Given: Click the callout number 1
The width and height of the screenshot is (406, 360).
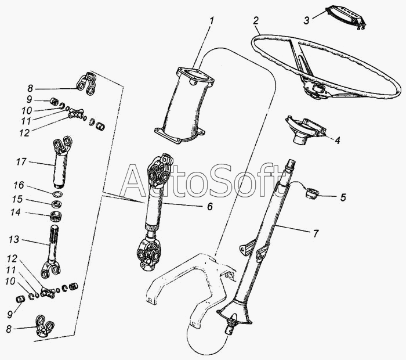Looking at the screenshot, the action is tap(212, 21).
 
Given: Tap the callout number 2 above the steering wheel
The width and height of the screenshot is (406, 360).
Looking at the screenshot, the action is tap(256, 20).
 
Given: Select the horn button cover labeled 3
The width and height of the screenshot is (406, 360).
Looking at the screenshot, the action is tap(346, 18).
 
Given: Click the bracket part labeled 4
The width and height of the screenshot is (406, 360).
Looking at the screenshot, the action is tap(305, 129).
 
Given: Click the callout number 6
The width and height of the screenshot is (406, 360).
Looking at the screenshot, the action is tap(210, 207).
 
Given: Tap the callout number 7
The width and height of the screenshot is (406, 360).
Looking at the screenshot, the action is tap(316, 234).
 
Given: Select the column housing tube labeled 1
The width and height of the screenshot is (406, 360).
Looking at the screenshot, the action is tap(184, 106).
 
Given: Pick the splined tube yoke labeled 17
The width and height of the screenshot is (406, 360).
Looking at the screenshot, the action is tap(61, 161).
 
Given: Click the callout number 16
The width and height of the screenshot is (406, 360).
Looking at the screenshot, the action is tap(19, 185).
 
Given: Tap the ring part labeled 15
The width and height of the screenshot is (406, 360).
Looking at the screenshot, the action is tap(56, 204).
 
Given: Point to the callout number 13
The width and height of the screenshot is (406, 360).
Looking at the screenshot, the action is tap(14, 239).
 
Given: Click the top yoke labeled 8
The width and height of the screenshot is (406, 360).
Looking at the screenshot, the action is tap(86, 84).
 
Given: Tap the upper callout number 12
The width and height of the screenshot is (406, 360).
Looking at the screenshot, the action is tap(24, 133).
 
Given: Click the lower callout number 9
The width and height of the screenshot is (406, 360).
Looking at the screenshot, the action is tap(10, 314).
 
